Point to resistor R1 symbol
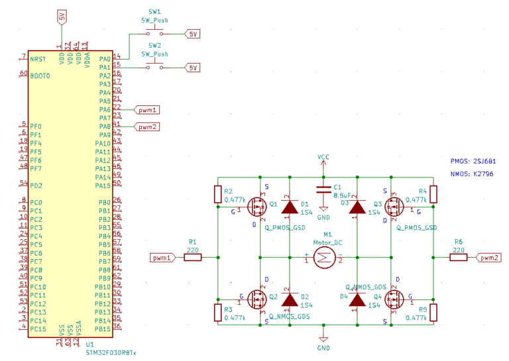pos(192,258)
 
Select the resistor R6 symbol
pos(458,258)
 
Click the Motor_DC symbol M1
pos(323,258)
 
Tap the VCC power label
pos(323,157)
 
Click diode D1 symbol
pos(289,207)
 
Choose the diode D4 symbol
pos(357,300)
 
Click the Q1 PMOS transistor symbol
pos(257,208)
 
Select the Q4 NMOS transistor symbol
pos(392,300)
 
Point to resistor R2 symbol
pos(218,194)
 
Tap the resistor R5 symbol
pos(433,312)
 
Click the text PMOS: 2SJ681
pos(473,162)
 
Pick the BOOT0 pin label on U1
pos(40,76)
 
